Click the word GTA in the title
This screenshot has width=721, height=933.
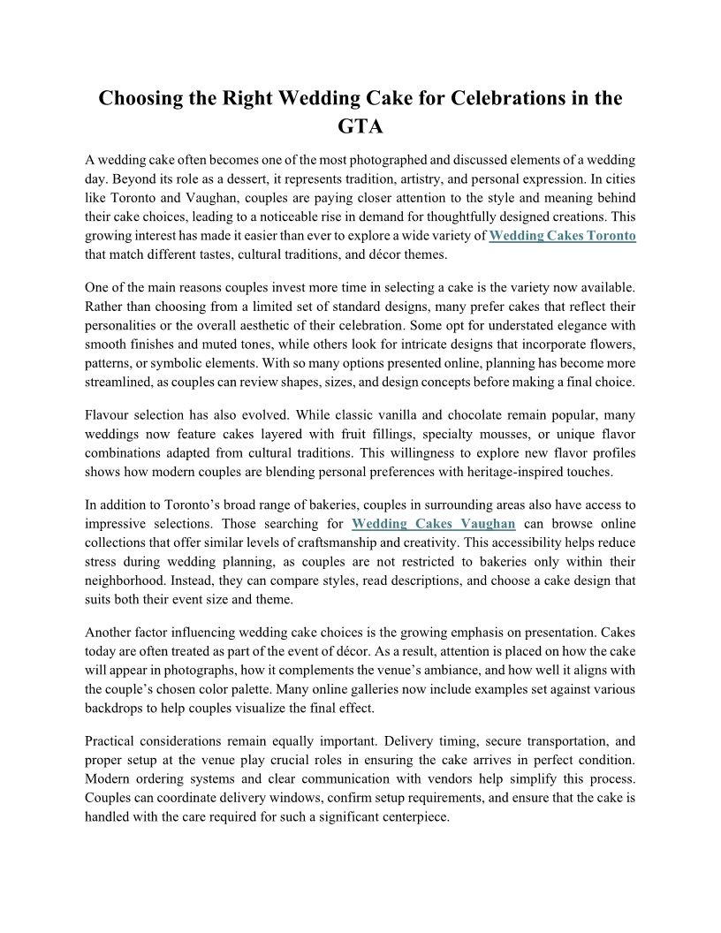pyautogui.click(x=360, y=126)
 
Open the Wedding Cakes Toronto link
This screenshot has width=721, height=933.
pyautogui.click(x=562, y=236)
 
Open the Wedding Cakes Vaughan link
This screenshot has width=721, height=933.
pyautogui.click(x=433, y=524)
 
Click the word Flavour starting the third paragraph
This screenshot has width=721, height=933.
pyautogui.click(x=110, y=413)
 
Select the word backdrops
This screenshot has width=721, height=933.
pyautogui.click(x=117, y=707)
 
